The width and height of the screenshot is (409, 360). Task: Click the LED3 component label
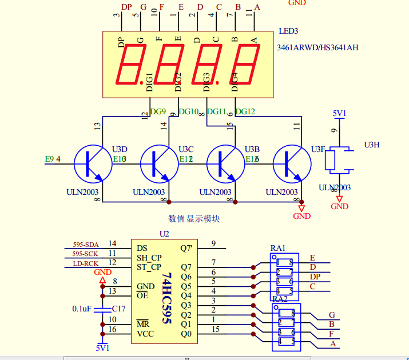(288, 31)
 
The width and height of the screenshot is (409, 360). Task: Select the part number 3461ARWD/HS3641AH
(317, 47)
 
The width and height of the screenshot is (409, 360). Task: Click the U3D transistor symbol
(91, 164)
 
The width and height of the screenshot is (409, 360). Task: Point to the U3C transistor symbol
(158, 164)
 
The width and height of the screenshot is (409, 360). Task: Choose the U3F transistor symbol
(291, 164)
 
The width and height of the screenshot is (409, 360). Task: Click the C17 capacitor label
(118, 308)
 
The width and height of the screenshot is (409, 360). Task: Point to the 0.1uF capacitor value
(82, 309)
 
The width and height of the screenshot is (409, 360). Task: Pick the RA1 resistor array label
(278, 249)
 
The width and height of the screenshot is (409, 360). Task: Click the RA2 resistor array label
(280, 298)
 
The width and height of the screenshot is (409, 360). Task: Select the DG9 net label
(158, 111)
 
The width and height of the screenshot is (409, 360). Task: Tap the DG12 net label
(245, 111)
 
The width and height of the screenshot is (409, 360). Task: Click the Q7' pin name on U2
(186, 248)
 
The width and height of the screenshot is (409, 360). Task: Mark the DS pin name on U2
(142, 248)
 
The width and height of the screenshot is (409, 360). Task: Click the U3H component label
(372, 145)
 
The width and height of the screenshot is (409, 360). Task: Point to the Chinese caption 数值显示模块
(194, 218)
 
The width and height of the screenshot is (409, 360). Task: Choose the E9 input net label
(49, 159)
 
